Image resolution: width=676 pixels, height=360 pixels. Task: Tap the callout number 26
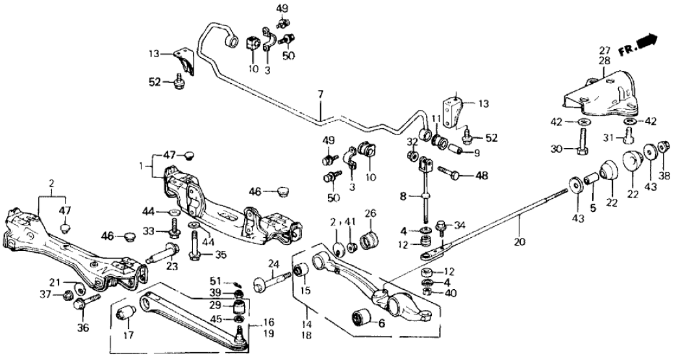(370, 214)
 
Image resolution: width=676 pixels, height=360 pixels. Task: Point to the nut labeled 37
(66, 296)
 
